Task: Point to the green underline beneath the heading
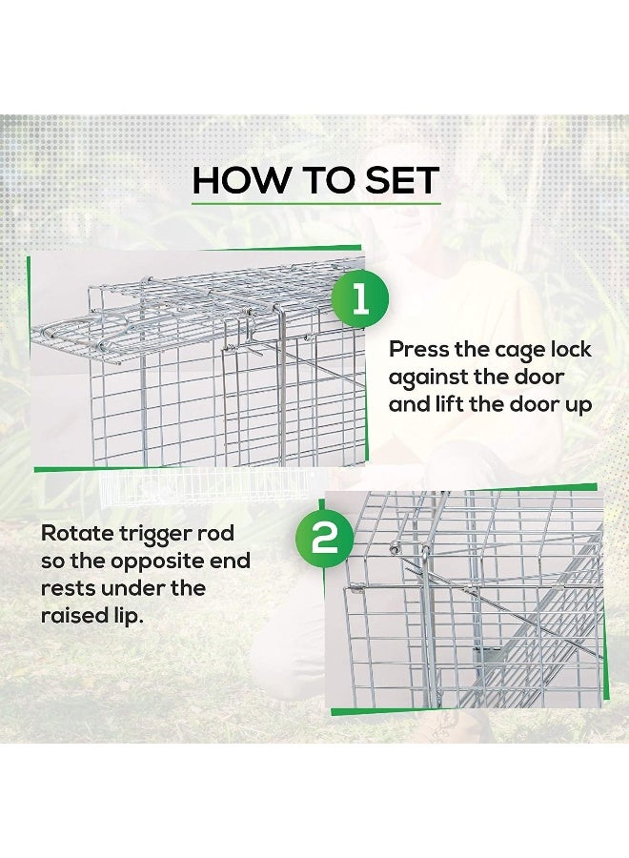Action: pos(315,201)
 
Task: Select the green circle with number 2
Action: pos(325,539)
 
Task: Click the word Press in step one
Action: pos(420,350)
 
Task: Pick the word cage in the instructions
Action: pos(520,350)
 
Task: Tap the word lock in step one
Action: pos(573,350)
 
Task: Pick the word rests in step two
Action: pos(70,588)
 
